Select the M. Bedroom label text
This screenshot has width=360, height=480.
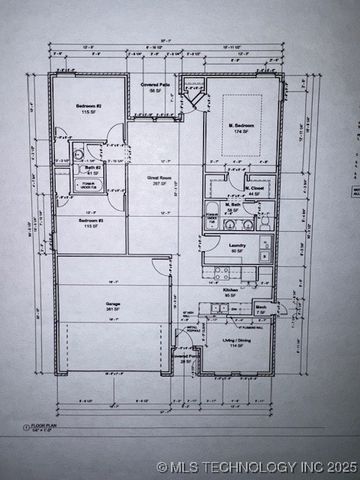point(239,128)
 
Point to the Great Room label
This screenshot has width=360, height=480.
point(160,179)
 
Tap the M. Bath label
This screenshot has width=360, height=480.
point(237,205)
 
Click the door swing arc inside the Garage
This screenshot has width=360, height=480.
point(160,269)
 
